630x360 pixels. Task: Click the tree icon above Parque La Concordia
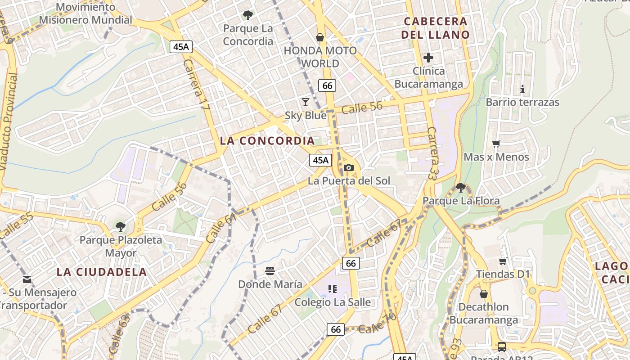247,15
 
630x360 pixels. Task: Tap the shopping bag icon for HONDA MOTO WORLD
320,37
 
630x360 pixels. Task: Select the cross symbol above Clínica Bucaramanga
428,58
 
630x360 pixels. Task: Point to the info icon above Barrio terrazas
522,89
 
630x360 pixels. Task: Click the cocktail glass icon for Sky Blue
306,102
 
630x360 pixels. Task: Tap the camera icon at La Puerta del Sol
348,168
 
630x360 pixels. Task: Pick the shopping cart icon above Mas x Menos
496,144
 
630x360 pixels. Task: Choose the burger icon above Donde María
270,271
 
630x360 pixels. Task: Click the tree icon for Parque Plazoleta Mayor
120,226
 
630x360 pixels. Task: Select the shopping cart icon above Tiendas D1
503,261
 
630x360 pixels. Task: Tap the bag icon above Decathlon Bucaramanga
484,294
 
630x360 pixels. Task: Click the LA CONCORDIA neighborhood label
267,141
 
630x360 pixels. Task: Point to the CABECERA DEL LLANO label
435,28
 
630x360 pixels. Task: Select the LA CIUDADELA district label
102,272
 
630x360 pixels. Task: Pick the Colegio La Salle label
333,302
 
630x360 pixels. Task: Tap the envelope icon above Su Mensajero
27,279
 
